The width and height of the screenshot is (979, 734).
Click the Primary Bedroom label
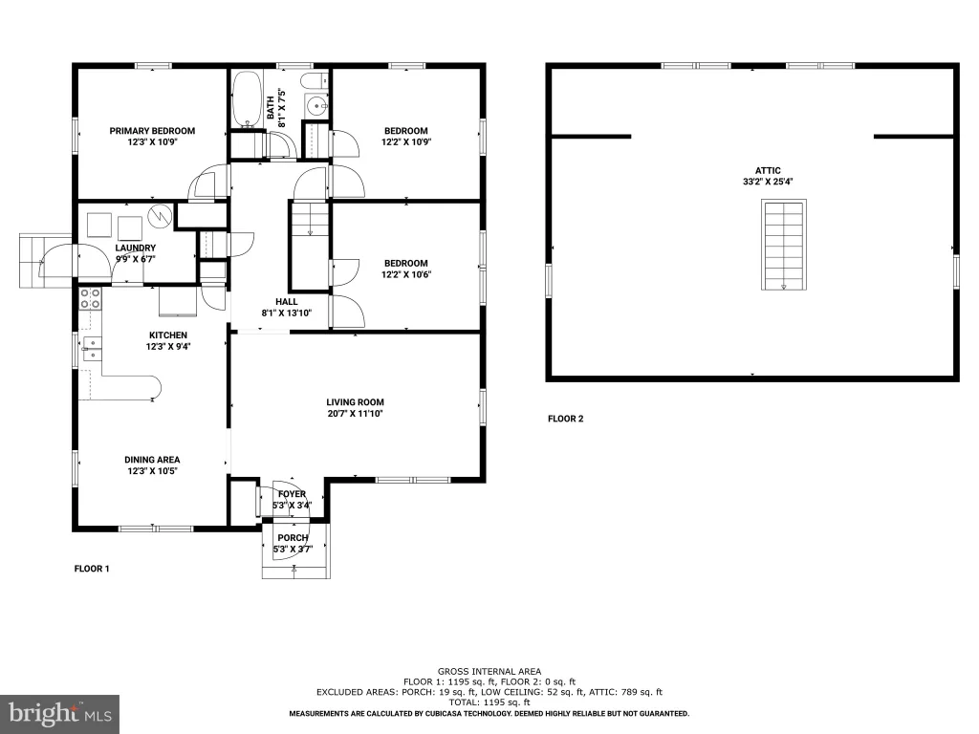tap(152, 130)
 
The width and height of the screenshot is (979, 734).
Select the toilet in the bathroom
tap(315, 80)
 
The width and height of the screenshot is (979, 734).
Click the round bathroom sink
tap(316, 105)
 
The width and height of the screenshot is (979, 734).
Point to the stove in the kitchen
tap(91, 298)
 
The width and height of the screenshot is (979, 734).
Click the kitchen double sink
tap(92, 349)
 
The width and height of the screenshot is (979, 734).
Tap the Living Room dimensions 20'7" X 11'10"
tap(355, 413)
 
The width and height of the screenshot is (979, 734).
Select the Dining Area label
tap(152, 460)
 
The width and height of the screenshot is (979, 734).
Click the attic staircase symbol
tap(784, 245)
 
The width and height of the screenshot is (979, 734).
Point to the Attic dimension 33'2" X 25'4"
tap(768, 182)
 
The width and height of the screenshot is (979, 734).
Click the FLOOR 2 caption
tap(566, 419)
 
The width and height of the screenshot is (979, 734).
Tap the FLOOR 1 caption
tap(92, 568)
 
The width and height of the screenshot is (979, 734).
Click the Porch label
tap(293, 537)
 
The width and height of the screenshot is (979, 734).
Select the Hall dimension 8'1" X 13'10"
tap(287, 313)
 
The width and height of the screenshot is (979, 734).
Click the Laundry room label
tap(136, 248)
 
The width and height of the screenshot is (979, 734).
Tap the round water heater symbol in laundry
tap(160, 215)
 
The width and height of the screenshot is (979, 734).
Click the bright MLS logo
tap(59, 714)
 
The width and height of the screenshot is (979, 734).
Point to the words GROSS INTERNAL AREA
tap(489, 672)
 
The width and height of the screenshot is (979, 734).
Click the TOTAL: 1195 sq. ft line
tap(489, 702)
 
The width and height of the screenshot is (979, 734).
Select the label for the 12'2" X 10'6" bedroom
tap(405, 263)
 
